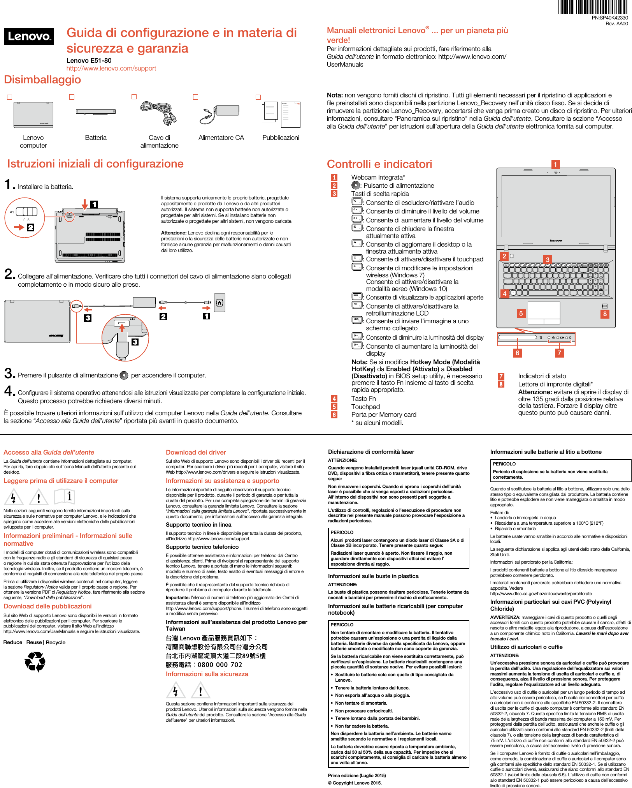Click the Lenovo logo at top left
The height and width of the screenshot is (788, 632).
tap(29, 37)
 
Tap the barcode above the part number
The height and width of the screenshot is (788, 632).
tap(593, 7)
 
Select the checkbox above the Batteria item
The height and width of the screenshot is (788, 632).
tap(72, 97)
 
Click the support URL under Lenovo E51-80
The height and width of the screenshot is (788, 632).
tap(111, 69)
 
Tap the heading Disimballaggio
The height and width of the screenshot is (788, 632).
tap(42, 80)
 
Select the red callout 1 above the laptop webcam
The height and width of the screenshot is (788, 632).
tap(555, 164)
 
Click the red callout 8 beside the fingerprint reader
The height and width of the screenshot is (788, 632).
tap(604, 314)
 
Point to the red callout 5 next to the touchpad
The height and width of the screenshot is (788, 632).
tap(521, 314)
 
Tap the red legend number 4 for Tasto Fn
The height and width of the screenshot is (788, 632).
tap(334, 398)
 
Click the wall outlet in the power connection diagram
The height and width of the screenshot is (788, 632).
tap(219, 303)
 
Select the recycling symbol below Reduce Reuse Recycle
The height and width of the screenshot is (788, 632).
tap(35, 662)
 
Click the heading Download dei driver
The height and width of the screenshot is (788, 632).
tap(196, 452)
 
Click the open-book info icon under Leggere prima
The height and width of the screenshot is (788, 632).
tap(65, 497)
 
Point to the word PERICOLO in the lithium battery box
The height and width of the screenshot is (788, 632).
tap(504, 464)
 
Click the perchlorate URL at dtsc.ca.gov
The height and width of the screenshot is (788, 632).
tap(541, 594)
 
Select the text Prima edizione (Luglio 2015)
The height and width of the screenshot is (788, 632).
tap(357, 776)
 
